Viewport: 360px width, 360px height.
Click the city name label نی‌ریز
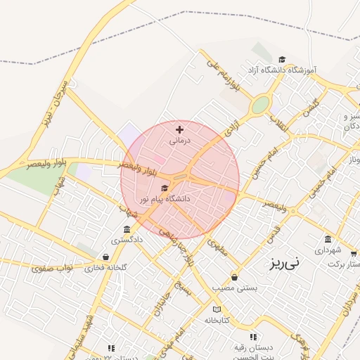pos(283,264)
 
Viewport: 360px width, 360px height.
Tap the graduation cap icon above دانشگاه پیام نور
pos(165,188)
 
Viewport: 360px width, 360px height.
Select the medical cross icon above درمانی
pos(179,129)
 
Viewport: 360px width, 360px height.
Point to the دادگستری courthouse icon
pos(126,230)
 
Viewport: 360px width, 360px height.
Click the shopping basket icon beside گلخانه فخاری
pos(105,257)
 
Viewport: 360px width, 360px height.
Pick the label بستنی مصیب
pos(235,288)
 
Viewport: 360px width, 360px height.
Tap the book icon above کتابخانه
pos(217,309)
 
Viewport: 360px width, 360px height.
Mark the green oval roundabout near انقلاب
pos(261,105)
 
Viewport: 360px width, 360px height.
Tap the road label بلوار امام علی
pos(224,75)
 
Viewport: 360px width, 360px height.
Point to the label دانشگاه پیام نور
pos(166,200)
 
